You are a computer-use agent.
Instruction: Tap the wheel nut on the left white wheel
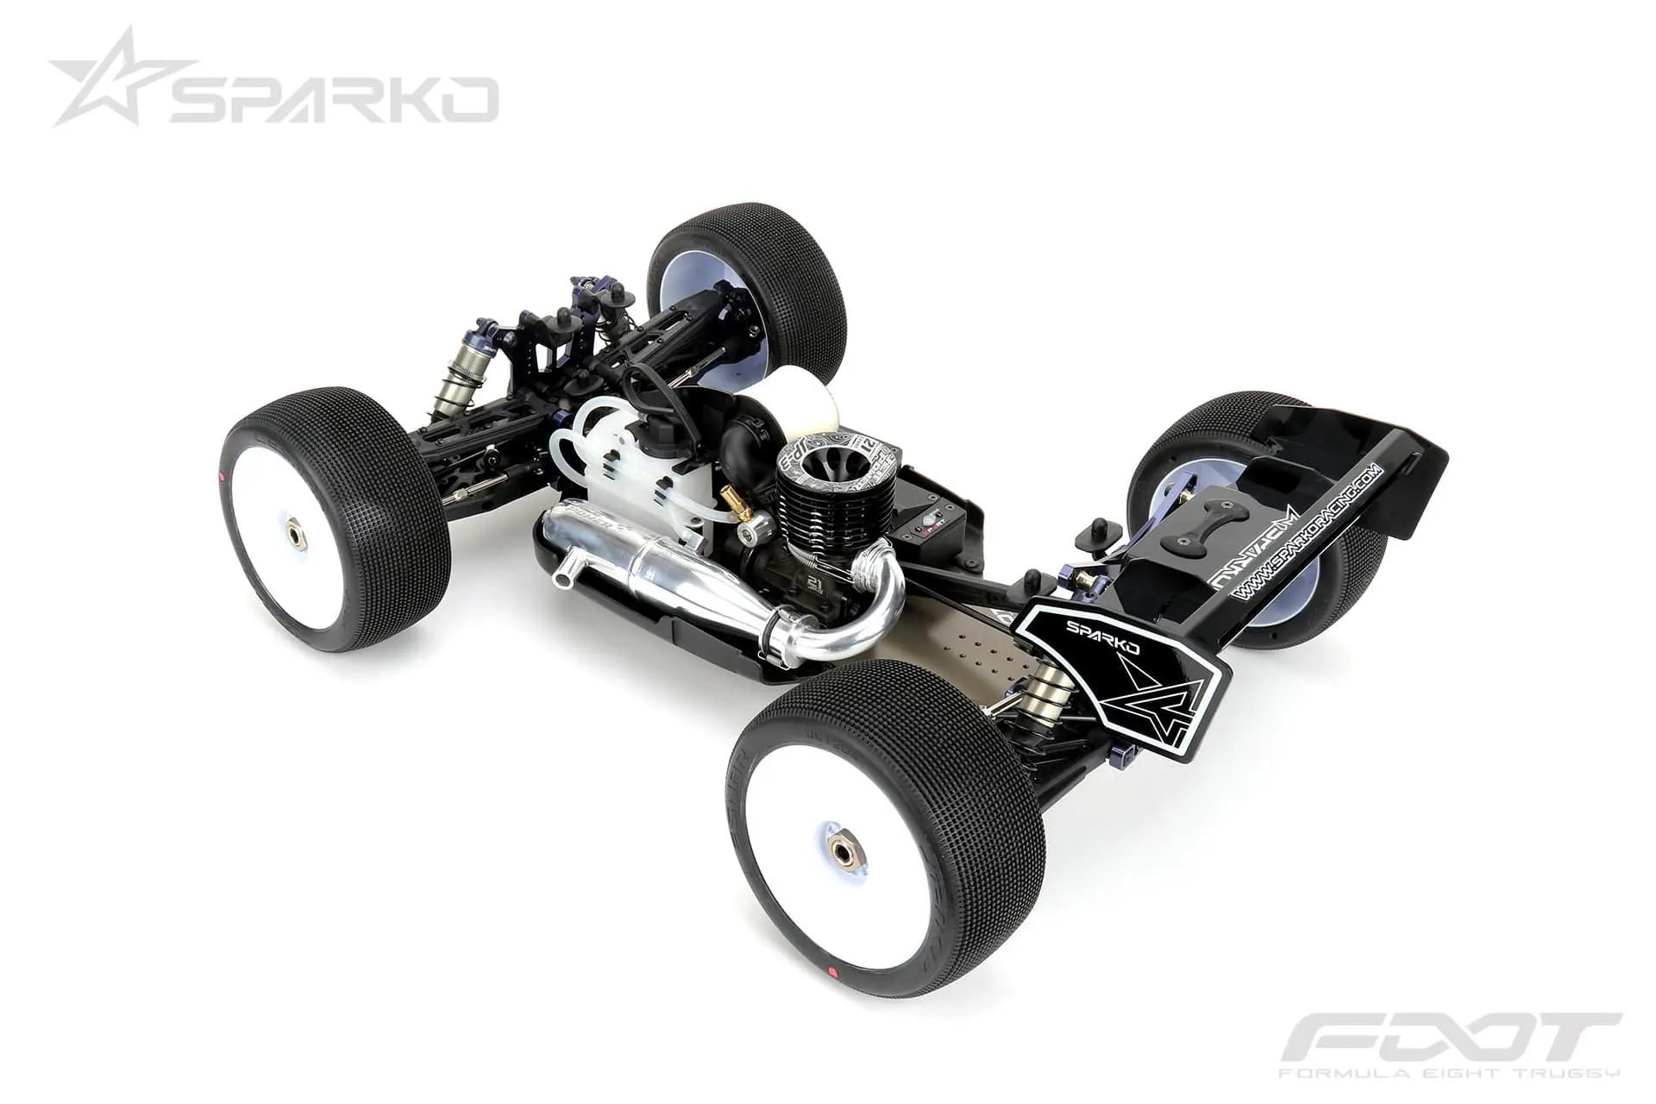pos(295,535)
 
